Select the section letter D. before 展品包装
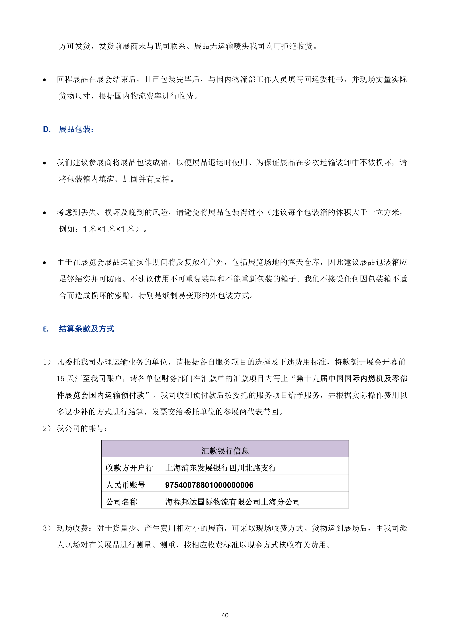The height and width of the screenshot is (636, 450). click(47, 129)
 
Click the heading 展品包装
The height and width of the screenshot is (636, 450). click(76, 129)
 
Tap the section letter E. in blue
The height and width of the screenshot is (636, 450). click(46, 329)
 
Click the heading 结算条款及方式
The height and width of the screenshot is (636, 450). click(86, 329)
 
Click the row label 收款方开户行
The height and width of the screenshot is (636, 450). click(129, 468)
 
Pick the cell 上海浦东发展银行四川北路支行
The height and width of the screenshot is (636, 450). click(221, 468)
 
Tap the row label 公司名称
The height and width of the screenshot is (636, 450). click(121, 502)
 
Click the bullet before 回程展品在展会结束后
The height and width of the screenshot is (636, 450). click(44, 80)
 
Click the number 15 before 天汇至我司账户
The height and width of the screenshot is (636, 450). click(61, 379)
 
